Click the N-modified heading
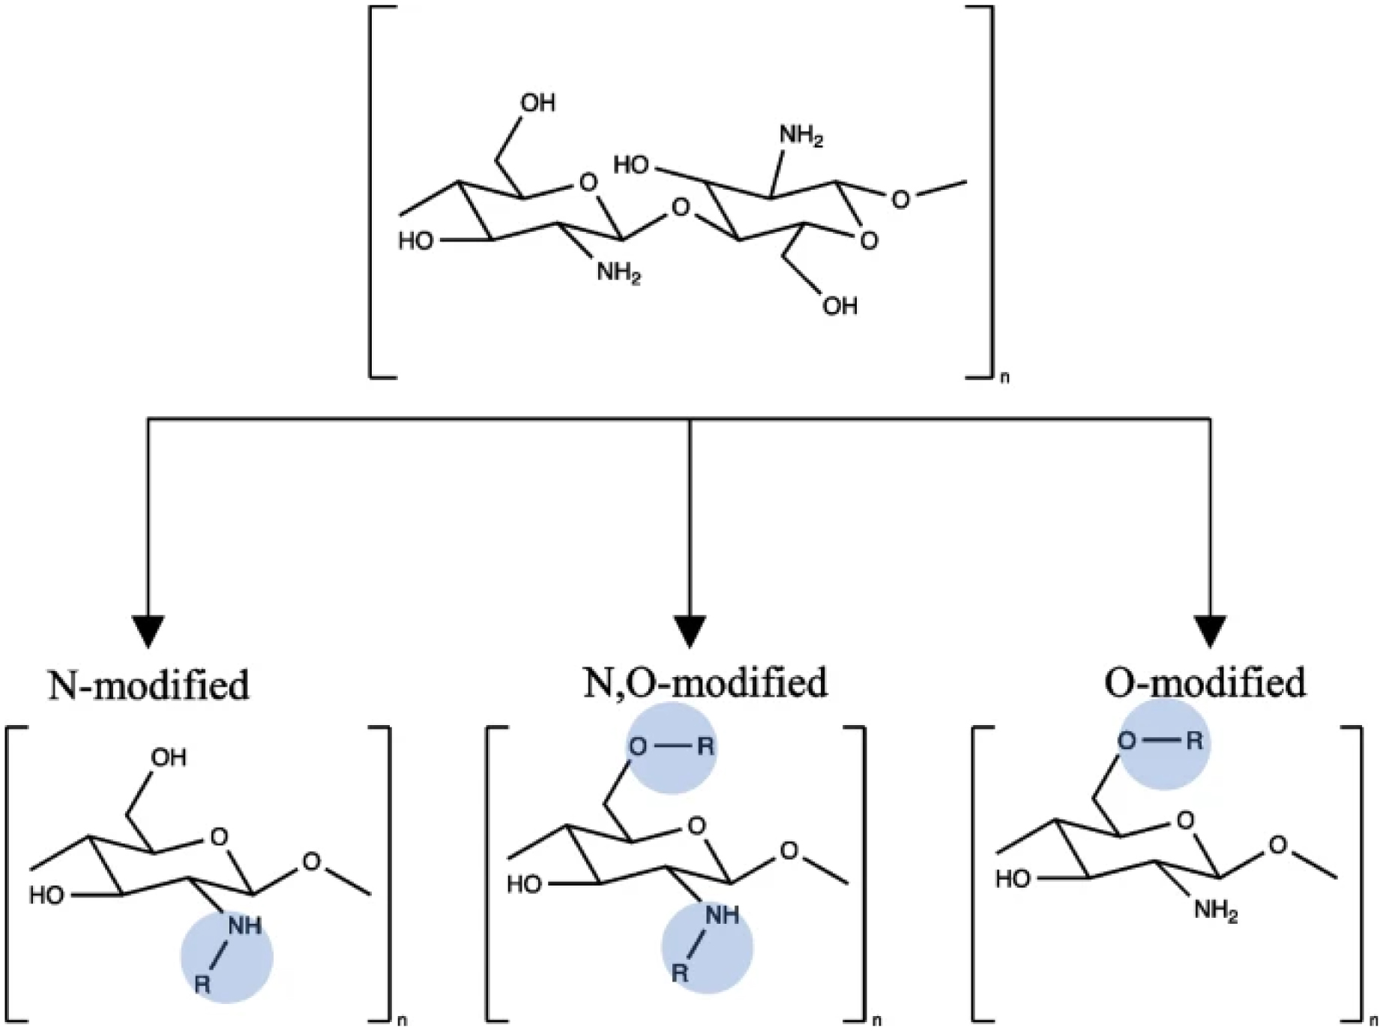pyautogui.click(x=148, y=685)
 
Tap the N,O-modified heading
pyautogui.click(x=705, y=682)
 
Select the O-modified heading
pyautogui.click(x=1205, y=682)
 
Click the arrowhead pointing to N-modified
pyautogui.click(x=148, y=631)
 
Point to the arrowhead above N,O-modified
pyautogui.click(x=690, y=631)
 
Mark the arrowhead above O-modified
pyautogui.click(x=1210, y=631)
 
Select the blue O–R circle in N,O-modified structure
pyautogui.click(x=672, y=748)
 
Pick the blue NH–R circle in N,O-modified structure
pyautogui.click(x=705, y=946)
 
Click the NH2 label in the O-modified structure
pyautogui.click(x=1215, y=912)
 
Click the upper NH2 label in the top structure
pyautogui.click(x=801, y=137)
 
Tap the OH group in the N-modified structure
pyautogui.click(x=169, y=757)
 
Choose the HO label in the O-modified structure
pyautogui.click(x=1013, y=879)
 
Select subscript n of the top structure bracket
pyautogui.click(x=1004, y=378)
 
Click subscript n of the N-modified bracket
pyautogui.click(x=403, y=1021)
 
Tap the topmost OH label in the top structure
pyautogui.click(x=537, y=103)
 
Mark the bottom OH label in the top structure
pyautogui.click(x=840, y=306)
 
